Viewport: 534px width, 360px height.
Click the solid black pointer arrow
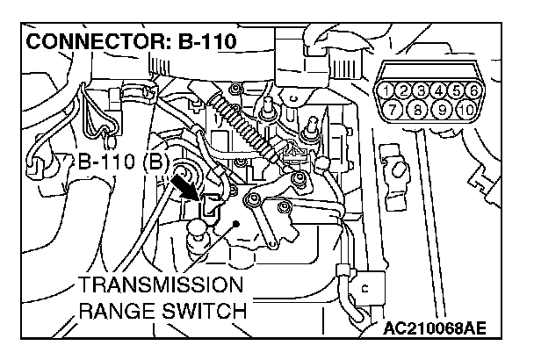point(186,185)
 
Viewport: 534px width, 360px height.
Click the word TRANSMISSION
point(159,286)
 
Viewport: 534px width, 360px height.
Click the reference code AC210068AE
point(435,328)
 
